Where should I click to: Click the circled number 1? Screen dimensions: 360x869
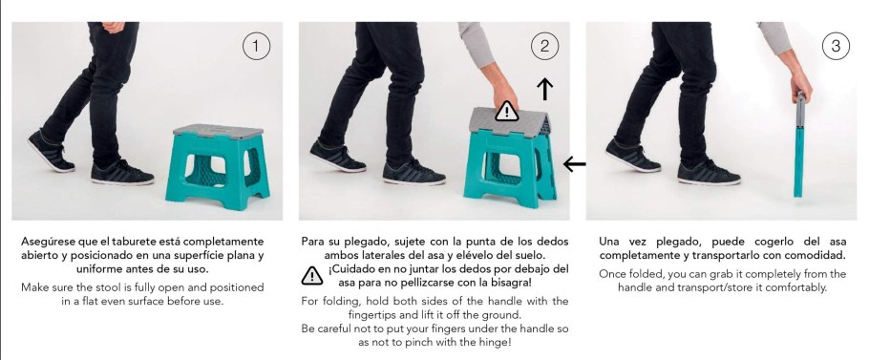256,46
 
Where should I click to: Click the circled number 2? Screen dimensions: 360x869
543,46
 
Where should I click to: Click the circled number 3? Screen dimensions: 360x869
836,46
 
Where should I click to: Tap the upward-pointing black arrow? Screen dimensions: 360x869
544,89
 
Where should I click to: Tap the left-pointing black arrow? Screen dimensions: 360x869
574,164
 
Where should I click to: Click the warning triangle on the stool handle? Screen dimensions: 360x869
507,112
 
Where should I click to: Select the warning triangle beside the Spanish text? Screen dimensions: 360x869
312,276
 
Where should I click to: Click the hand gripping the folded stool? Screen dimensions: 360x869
800,91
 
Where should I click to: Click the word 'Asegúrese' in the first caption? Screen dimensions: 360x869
53,242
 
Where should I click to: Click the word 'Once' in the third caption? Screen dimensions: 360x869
616,274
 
